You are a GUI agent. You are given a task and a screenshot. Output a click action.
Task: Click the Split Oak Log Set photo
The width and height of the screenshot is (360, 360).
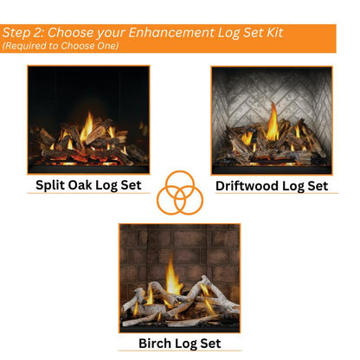click(88, 119)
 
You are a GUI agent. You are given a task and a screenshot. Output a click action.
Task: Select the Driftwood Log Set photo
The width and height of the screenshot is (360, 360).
click(271, 119)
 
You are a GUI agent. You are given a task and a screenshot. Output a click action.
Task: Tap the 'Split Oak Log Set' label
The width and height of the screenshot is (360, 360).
click(87, 184)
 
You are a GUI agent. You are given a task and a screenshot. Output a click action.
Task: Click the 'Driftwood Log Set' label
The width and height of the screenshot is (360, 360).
click(271, 184)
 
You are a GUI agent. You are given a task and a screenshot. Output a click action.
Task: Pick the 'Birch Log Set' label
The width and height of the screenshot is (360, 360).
click(179, 343)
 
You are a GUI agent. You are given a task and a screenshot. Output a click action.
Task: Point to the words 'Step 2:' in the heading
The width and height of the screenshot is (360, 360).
click(22, 33)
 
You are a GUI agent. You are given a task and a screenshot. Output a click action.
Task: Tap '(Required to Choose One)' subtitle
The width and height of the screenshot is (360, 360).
click(61, 46)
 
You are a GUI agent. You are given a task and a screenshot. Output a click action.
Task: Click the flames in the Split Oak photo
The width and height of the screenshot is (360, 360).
click(87, 127)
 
